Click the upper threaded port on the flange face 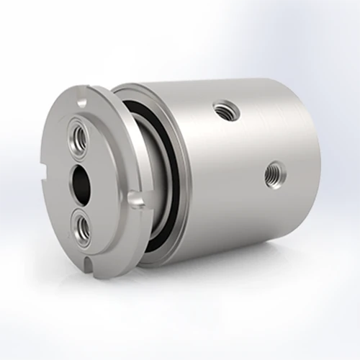coord(77,133)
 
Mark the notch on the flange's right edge coord(135,199)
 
